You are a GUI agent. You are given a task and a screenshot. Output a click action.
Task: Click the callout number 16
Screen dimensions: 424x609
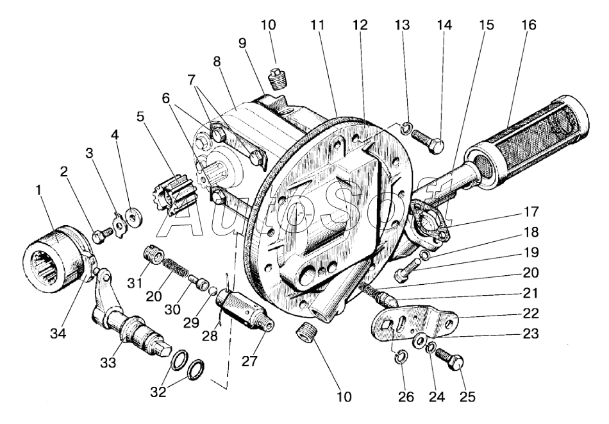529,26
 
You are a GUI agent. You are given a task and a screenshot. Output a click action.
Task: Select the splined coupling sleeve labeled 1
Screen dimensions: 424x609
58,259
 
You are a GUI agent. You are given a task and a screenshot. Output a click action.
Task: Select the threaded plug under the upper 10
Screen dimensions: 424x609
278,80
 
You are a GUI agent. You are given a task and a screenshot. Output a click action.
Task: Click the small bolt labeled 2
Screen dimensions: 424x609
99,235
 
